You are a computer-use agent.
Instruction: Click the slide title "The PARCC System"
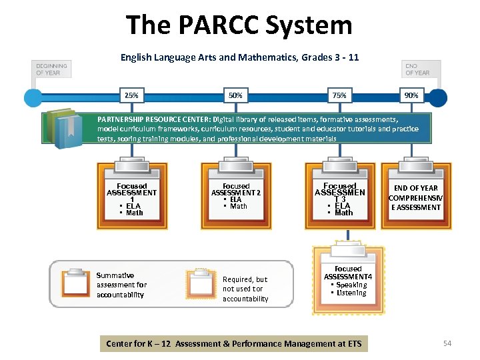tap(239, 25)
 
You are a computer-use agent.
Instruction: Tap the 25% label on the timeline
tap(131, 95)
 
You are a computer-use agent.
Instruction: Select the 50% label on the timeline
tap(235, 95)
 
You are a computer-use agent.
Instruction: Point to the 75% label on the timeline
tap(339, 95)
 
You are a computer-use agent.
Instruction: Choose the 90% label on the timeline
tap(411, 95)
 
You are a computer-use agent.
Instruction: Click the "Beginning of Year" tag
tap(51, 69)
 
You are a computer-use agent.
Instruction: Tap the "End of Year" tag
tap(417, 69)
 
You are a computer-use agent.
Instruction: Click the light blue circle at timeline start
tap(33, 97)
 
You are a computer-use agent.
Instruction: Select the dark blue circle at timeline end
tap(438, 97)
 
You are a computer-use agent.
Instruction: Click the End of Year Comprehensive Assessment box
tap(416, 197)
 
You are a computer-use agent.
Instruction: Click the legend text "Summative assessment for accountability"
tap(121, 285)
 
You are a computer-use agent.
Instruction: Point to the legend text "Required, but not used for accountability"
tap(245, 289)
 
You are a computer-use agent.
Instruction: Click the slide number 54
tap(447, 343)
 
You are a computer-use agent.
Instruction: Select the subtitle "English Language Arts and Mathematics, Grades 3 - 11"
tap(239, 57)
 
